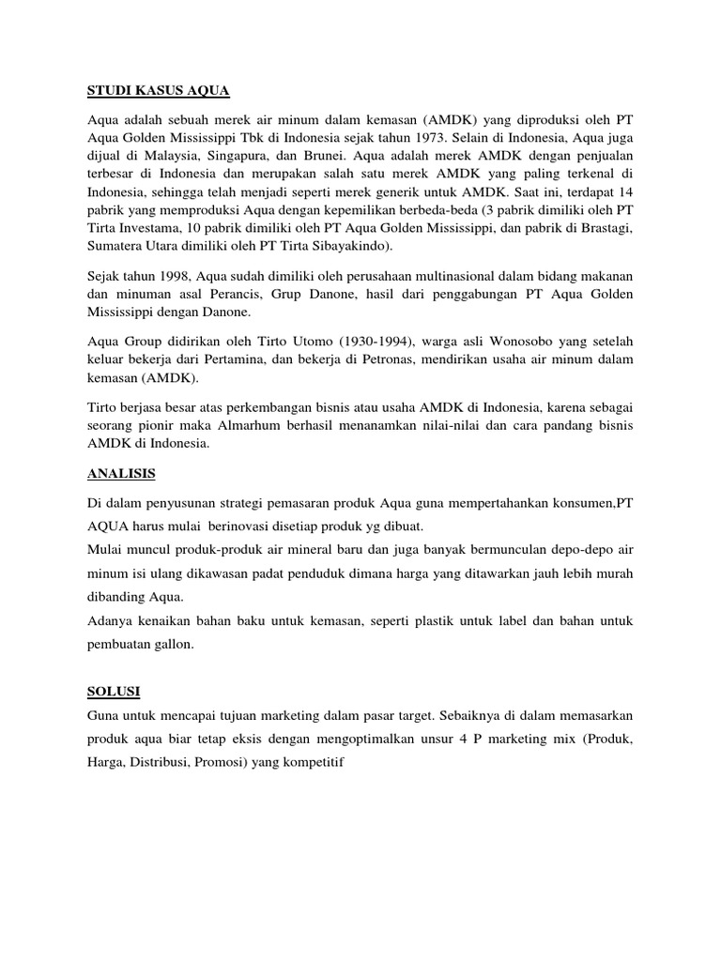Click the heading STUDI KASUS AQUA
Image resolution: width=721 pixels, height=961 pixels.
point(158,91)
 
